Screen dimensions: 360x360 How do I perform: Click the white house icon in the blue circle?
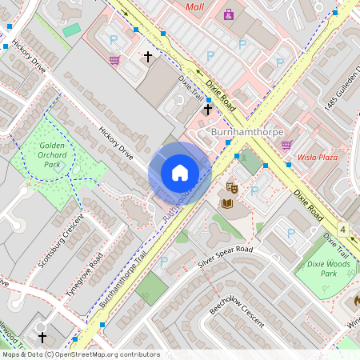click(180, 173)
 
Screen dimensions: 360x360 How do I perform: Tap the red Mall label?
click(194, 7)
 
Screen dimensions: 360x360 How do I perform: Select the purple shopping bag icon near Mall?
click(229, 14)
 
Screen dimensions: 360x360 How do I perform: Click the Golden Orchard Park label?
click(53, 154)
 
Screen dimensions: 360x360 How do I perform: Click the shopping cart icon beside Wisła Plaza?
click(286, 145)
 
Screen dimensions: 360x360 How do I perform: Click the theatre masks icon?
click(232, 187)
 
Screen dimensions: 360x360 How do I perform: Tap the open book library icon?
click(227, 203)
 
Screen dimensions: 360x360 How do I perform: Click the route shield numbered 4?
click(343, 230)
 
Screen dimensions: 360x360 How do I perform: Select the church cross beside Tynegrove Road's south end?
click(42, 338)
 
